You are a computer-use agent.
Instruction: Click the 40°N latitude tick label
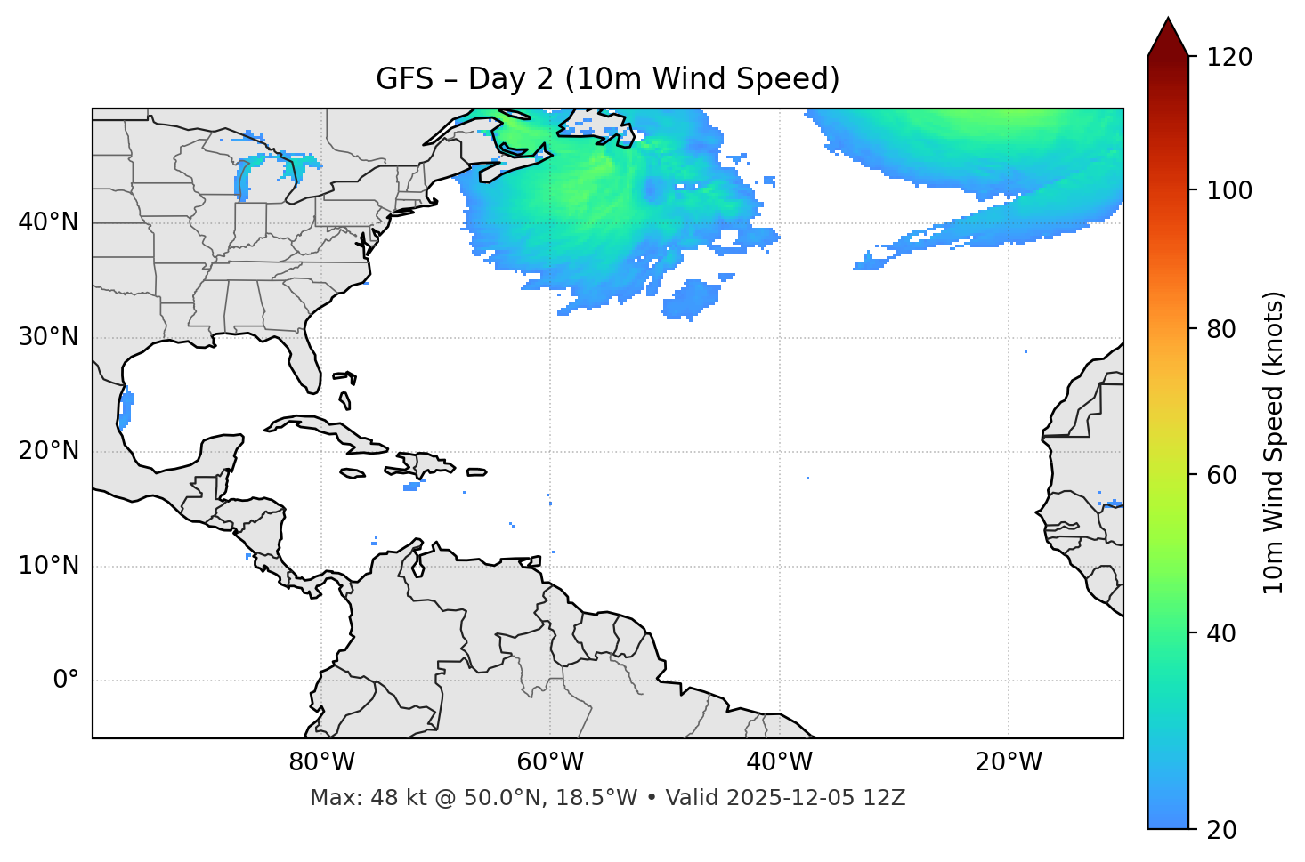click(48, 222)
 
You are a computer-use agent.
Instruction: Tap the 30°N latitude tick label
click(48, 337)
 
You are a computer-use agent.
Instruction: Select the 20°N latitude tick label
click(48, 451)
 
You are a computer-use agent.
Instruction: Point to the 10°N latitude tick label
click(48, 566)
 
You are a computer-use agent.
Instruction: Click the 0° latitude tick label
click(66, 681)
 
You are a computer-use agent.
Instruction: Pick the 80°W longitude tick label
click(321, 762)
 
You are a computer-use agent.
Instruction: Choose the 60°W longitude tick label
click(550, 762)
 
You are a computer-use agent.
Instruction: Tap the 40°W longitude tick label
click(779, 762)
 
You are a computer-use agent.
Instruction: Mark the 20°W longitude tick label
click(1008, 762)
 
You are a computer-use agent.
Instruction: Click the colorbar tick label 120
click(1229, 58)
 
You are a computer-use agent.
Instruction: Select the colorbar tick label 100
click(1229, 190)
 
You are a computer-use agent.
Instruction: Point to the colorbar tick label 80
click(1222, 329)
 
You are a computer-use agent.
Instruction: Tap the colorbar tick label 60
click(1222, 475)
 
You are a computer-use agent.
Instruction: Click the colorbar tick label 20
click(1222, 830)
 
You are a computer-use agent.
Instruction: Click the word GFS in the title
click(404, 79)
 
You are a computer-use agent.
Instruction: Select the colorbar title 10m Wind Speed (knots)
click(1274, 443)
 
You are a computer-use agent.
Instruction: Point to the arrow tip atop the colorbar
click(1168, 20)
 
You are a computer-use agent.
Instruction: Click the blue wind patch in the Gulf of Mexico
click(126, 409)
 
